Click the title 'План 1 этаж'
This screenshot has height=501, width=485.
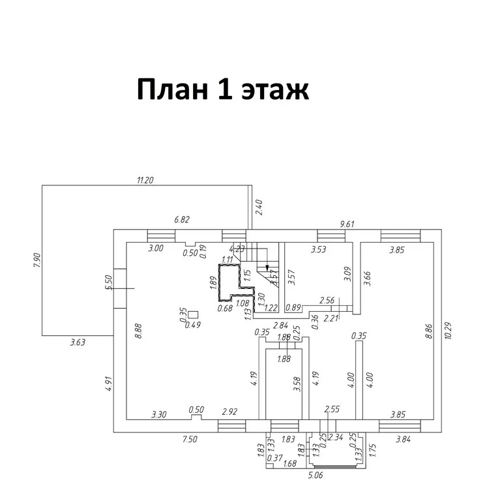coord(222,89)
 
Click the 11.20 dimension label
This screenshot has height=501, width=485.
coord(145,180)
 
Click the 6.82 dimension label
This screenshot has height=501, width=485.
coord(182,220)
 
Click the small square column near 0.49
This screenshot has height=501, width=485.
coord(193,313)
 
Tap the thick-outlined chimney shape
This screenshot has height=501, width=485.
coord(228,282)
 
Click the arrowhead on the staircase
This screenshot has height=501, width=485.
coord(267,267)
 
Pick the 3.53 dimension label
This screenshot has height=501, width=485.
coord(317,249)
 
